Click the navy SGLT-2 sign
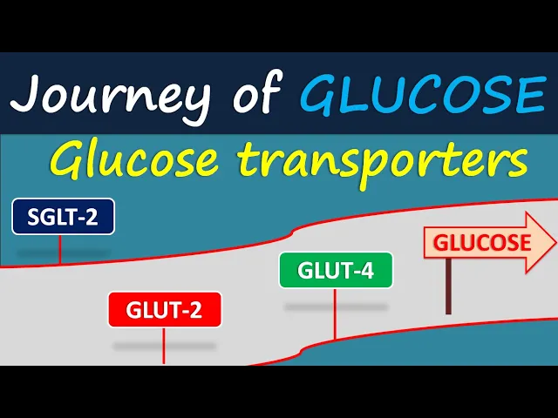pos(63,217)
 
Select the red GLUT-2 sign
pos(164,310)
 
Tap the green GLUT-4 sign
pos(336,270)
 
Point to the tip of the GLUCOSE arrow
pos(554,241)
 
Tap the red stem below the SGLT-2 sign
pos(59,249)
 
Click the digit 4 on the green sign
pos(367,271)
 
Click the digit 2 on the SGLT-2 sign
pos(96,218)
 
